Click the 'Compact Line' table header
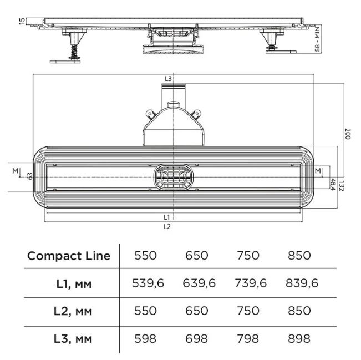[x=69, y=256]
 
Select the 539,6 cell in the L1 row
[x=148, y=283]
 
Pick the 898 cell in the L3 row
[x=299, y=338]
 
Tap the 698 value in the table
[x=197, y=338]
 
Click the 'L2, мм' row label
[x=73, y=311]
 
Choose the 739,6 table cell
[x=251, y=283]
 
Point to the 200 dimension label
[x=348, y=134]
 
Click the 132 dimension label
[x=342, y=186]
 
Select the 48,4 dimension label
[x=333, y=185]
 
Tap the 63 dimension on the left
[x=30, y=176]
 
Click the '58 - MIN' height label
[x=317, y=39]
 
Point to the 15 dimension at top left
[x=22, y=21]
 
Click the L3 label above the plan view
[x=168, y=79]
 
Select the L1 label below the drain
[x=167, y=217]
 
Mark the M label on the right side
[x=318, y=171]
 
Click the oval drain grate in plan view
[x=174, y=177]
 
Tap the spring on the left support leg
[x=74, y=52]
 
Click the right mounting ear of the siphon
[x=196, y=114]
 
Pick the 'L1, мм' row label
[x=74, y=284]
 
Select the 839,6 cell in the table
[x=302, y=283]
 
